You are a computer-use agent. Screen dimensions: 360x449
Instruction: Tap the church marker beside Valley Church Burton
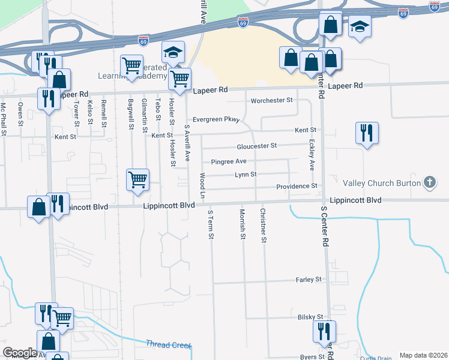pos(429,182)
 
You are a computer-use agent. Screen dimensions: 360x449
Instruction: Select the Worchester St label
pos(271,100)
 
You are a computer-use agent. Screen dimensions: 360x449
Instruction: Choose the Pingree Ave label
pos(229,161)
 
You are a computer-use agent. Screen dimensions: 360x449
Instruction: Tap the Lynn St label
pos(246,175)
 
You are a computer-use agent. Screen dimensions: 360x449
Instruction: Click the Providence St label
pos(297,187)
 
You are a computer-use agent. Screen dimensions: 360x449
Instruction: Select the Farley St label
pos(309,280)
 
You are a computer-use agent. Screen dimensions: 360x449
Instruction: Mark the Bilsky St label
pos(310,317)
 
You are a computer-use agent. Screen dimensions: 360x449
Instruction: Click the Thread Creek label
pos(168,344)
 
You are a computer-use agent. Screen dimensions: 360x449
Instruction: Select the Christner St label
pos(262,225)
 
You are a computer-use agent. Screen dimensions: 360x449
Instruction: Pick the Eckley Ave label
pos(312,154)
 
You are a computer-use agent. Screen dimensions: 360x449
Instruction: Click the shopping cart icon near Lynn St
pos(138,179)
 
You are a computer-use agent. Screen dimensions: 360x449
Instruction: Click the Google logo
pos(20,353)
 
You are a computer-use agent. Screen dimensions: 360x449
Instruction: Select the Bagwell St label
pos(130,113)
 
